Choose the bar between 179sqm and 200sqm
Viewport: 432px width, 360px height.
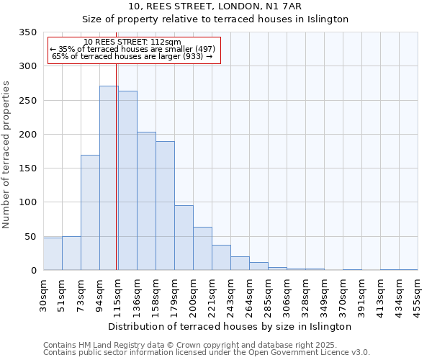pos(184,238)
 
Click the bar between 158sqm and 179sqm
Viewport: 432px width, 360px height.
pos(165,205)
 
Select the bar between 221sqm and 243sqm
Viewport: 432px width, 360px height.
pos(221,257)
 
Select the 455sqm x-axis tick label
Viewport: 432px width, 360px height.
pos(418,294)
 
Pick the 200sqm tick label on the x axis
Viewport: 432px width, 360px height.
pos(194,294)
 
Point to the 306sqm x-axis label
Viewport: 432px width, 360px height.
pos(287,294)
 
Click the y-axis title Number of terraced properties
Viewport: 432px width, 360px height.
pos(6,154)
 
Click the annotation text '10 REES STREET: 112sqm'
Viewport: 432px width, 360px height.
pos(132,42)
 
